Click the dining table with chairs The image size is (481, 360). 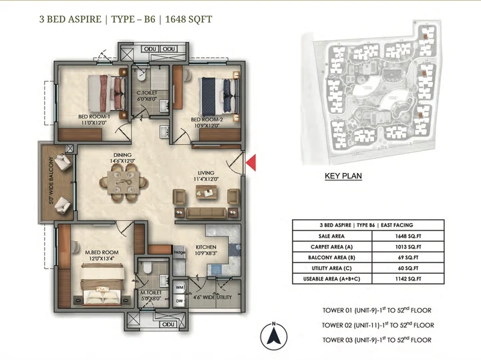pyautogui.click(x=124, y=182)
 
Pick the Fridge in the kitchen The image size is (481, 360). pyautogui.click(x=179, y=252)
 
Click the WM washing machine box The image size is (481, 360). pyautogui.click(x=179, y=287)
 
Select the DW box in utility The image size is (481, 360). pyautogui.click(x=179, y=301)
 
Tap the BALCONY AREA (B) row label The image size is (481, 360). pyautogui.click(x=327, y=256)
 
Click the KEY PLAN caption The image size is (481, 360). pyautogui.click(x=343, y=176)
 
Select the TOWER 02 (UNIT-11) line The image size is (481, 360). pyautogui.click(x=377, y=325)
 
